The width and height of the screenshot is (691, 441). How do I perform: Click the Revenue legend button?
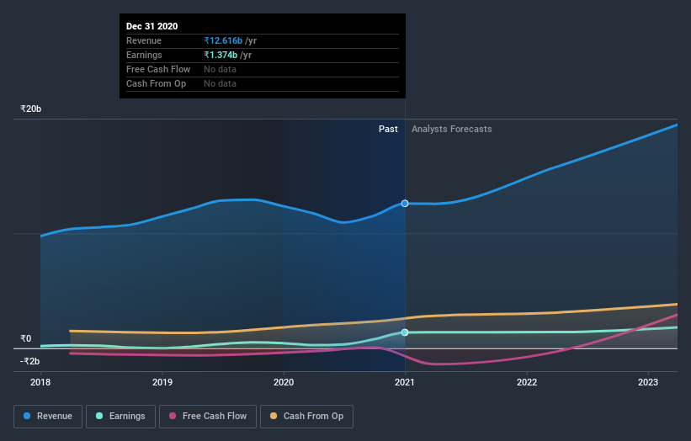(48, 416)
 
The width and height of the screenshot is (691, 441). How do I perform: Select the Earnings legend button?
(120, 416)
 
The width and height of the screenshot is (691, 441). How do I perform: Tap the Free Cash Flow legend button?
(208, 416)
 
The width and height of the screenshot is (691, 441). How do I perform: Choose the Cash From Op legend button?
(307, 416)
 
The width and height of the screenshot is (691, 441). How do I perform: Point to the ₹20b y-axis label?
(31, 109)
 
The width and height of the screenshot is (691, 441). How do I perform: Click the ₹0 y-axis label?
(25, 339)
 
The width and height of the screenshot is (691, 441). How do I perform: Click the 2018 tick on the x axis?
(40, 381)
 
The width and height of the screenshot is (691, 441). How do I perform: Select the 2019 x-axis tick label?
(162, 381)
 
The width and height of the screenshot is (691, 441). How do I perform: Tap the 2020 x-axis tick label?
(284, 381)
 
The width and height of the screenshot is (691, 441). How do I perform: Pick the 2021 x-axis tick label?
(405, 381)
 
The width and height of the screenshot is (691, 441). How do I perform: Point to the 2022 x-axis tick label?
(527, 381)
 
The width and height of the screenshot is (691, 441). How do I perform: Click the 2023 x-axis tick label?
(648, 381)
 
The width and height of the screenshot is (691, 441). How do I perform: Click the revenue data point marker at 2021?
(405, 204)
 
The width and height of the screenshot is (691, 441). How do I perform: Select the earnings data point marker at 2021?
(405, 332)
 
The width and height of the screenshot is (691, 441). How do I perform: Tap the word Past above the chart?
(388, 129)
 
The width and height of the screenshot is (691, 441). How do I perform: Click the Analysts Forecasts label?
(451, 129)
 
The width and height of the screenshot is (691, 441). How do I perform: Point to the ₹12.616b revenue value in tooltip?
(222, 40)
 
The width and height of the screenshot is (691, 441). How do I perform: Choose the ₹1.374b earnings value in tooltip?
(221, 55)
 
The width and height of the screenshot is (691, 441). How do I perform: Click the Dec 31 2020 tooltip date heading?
(152, 26)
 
